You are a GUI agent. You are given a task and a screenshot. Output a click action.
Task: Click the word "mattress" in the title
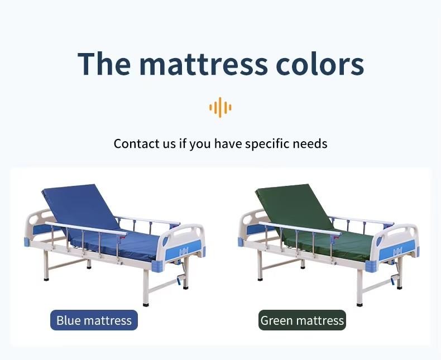click(203, 64)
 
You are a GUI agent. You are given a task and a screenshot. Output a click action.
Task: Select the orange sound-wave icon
click(220, 107)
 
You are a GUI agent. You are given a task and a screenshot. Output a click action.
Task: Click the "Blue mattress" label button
click(94, 320)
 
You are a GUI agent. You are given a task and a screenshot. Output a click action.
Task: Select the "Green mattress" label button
click(302, 320)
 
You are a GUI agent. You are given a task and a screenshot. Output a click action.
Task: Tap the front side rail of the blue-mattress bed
click(86, 228)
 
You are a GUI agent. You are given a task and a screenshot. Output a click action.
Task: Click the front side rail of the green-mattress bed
click(300, 228)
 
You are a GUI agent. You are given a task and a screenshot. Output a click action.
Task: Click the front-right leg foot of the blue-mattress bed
click(146, 304)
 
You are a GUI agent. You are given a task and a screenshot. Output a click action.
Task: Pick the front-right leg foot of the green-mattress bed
click(360, 304)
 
